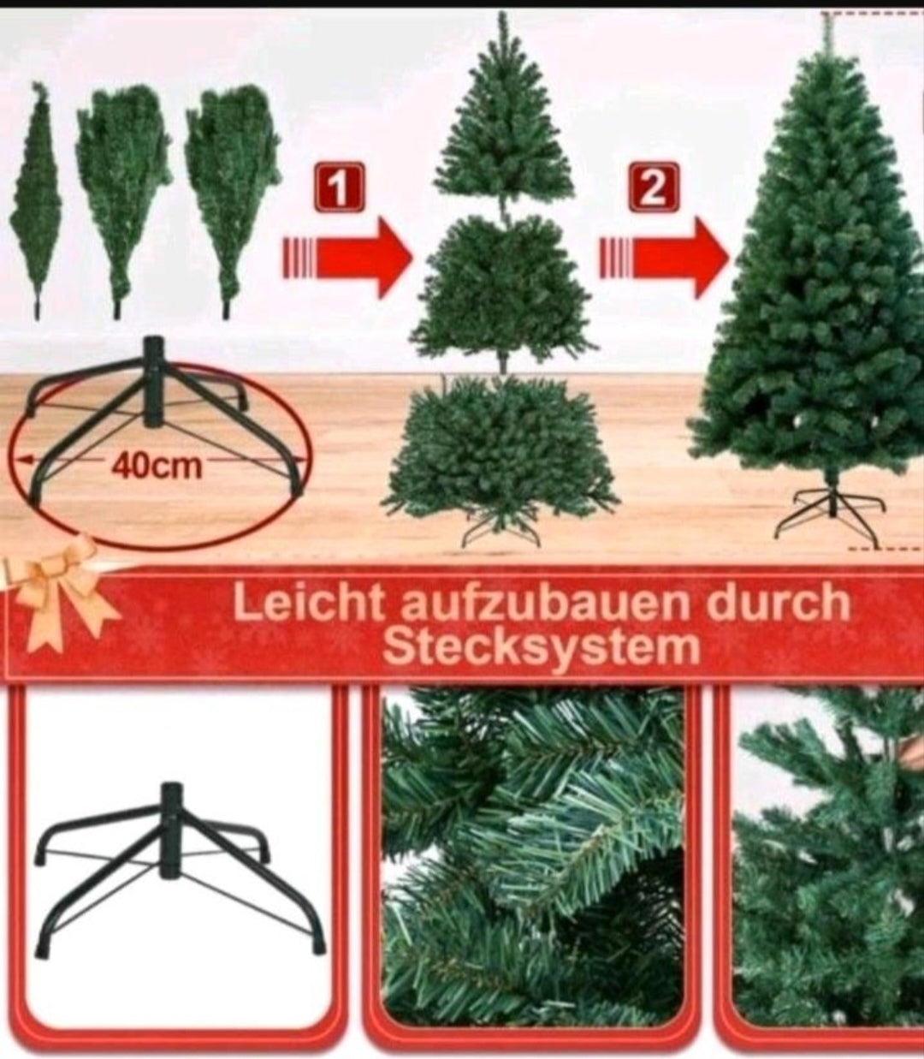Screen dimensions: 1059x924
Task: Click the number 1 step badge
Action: [340, 187]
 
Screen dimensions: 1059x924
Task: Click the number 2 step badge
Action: [654, 187]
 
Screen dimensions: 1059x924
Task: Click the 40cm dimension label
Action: [156, 466]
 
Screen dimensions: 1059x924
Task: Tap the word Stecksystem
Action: [541, 648]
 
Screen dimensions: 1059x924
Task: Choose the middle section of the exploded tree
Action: [502, 287]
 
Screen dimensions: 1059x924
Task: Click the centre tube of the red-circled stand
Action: [153, 381]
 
